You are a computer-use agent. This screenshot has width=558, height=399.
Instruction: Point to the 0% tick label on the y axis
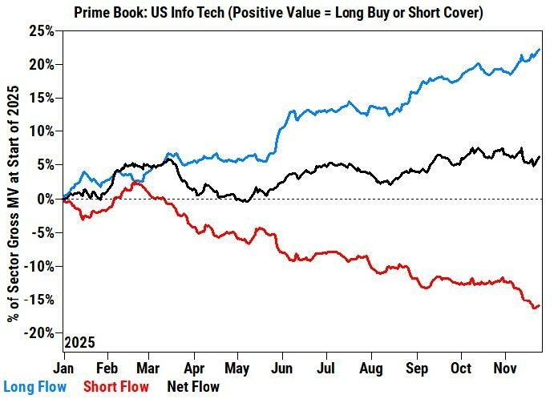tap(46, 198)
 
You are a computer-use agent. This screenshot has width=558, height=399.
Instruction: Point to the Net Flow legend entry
tap(192, 387)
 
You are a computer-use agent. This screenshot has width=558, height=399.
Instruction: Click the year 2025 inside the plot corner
tap(80, 342)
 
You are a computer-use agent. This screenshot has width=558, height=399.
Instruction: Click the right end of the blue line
tap(540, 50)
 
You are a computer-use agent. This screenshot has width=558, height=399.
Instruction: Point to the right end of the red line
tap(540, 304)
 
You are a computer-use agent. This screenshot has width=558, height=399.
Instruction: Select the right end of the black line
tap(540, 157)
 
